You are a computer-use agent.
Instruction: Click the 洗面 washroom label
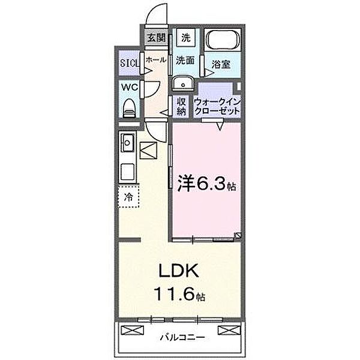(185, 61)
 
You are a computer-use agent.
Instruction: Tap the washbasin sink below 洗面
(182, 83)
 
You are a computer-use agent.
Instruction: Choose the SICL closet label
(128, 62)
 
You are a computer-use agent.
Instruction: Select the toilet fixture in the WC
(128, 107)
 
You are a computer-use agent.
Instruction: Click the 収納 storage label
(181, 107)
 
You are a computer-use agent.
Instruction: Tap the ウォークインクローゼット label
(217, 107)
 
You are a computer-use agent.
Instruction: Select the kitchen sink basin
(128, 143)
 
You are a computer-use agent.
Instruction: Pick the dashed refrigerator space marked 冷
(128, 196)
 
